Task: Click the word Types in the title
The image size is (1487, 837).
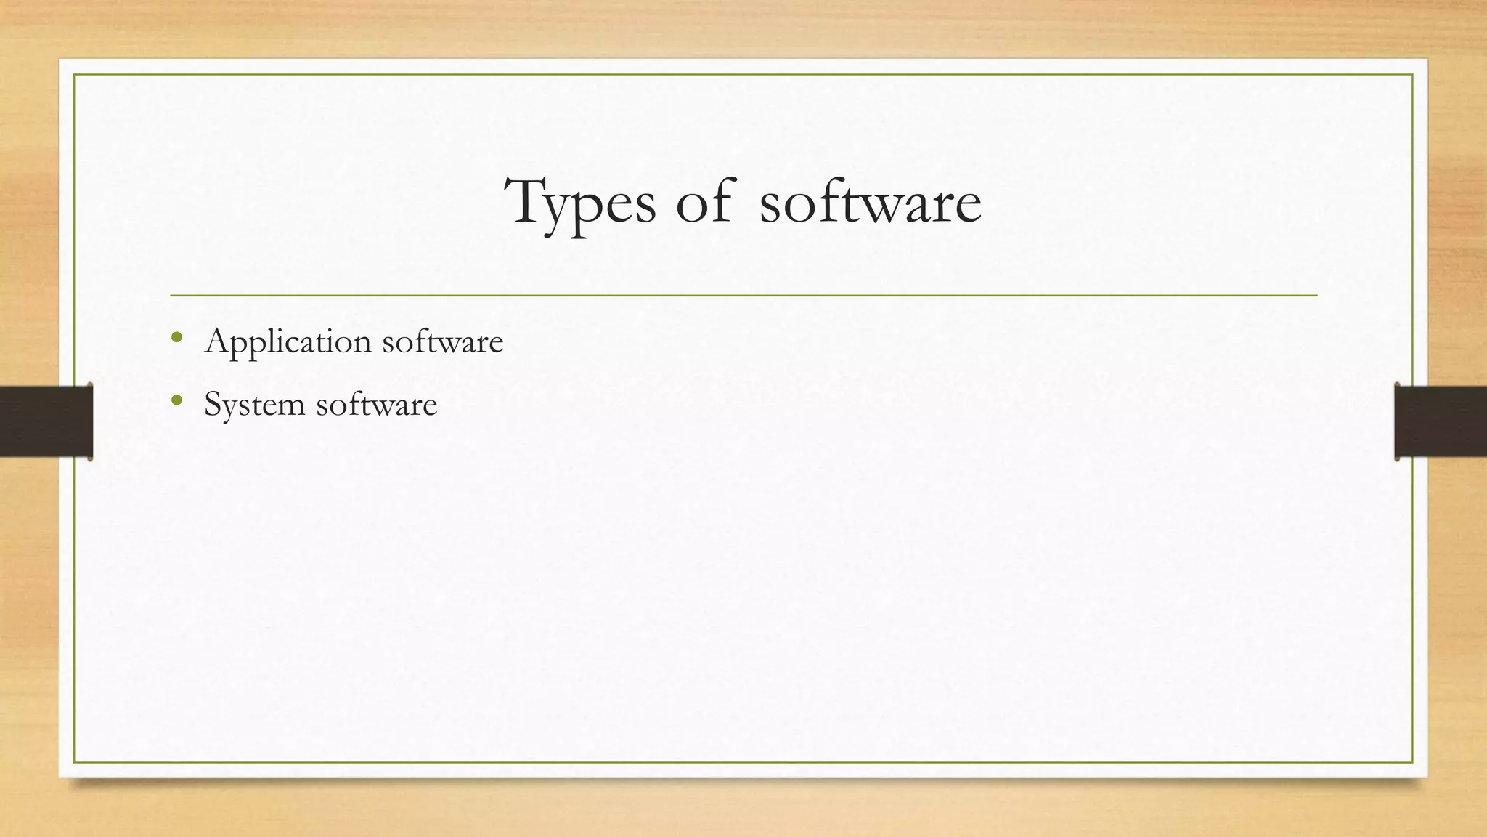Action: click(x=581, y=203)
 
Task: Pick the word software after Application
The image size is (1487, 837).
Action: click(x=442, y=341)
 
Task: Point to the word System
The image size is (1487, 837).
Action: click(x=254, y=405)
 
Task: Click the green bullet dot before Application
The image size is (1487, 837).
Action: click(x=176, y=336)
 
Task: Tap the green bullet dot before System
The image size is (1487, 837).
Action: click(x=176, y=399)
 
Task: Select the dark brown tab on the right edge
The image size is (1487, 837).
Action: click(x=1441, y=421)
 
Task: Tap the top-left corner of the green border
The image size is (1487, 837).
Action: click(x=74, y=75)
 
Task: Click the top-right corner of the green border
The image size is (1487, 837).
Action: click(x=1412, y=75)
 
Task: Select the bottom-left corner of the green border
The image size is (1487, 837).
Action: click(x=74, y=762)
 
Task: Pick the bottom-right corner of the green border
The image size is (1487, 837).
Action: click(x=1412, y=762)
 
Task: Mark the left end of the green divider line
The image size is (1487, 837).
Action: click(x=171, y=296)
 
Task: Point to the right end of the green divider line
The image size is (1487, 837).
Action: click(x=1316, y=296)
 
